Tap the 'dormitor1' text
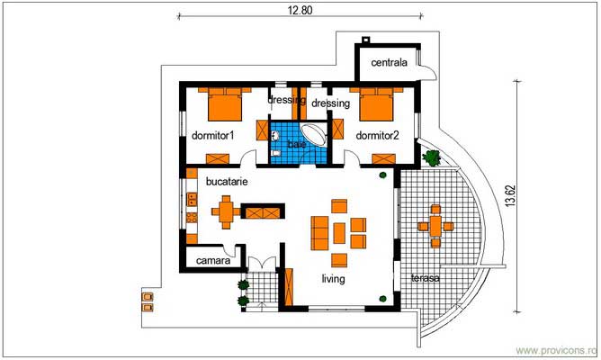pyautogui.click(x=212, y=136)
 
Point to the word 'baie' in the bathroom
pyautogui.click(x=296, y=144)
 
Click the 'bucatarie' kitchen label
pyautogui.click(x=227, y=181)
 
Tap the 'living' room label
pyautogui.click(x=334, y=279)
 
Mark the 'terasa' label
pyautogui.click(x=425, y=277)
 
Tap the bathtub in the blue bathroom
pyautogui.click(x=314, y=135)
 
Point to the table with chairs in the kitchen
pyautogui.click(x=225, y=213)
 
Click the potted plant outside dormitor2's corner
pyautogui.click(x=432, y=157)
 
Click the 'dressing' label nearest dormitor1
pyautogui.click(x=286, y=101)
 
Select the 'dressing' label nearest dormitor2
pyautogui.click(x=330, y=103)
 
